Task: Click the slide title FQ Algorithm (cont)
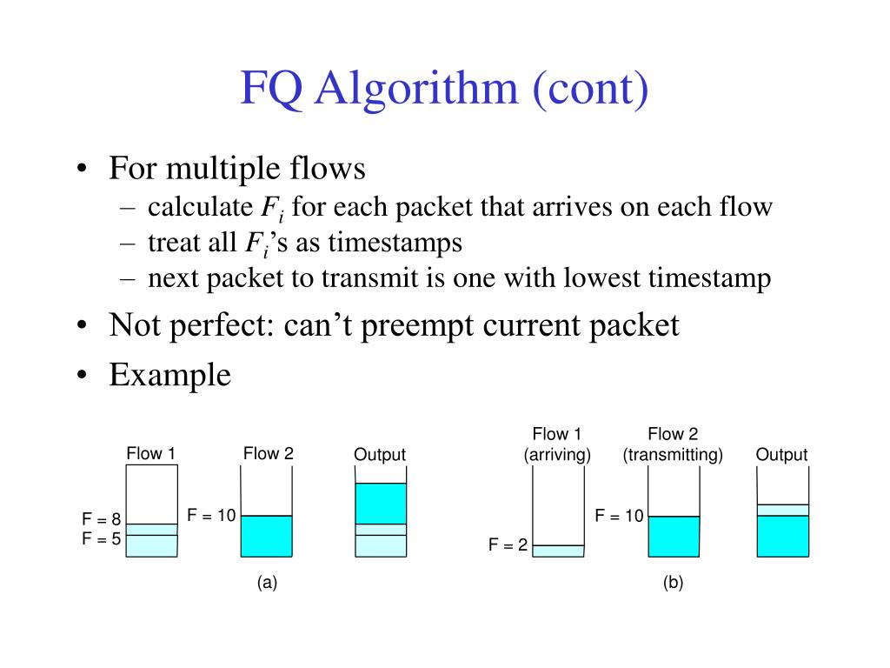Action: [x=444, y=90]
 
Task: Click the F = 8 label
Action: [x=102, y=520]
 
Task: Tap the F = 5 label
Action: [x=102, y=538]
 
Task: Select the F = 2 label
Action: [x=508, y=546]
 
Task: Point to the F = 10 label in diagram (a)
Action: [x=211, y=516]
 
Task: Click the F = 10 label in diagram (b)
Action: [x=619, y=517]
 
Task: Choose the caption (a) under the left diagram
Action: [x=267, y=584]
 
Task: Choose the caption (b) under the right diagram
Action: [x=673, y=584]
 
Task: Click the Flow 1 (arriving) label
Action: [x=557, y=444]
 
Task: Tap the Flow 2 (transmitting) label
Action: [x=673, y=444]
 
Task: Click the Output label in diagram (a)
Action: [x=380, y=455]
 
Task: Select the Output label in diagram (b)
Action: [x=781, y=455]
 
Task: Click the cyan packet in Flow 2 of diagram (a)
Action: [x=266, y=536]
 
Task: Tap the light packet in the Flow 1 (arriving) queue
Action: [x=558, y=551]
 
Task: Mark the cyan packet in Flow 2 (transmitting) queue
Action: [x=674, y=536]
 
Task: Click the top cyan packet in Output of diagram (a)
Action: [x=381, y=503]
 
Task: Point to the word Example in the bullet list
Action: [x=170, y=375]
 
